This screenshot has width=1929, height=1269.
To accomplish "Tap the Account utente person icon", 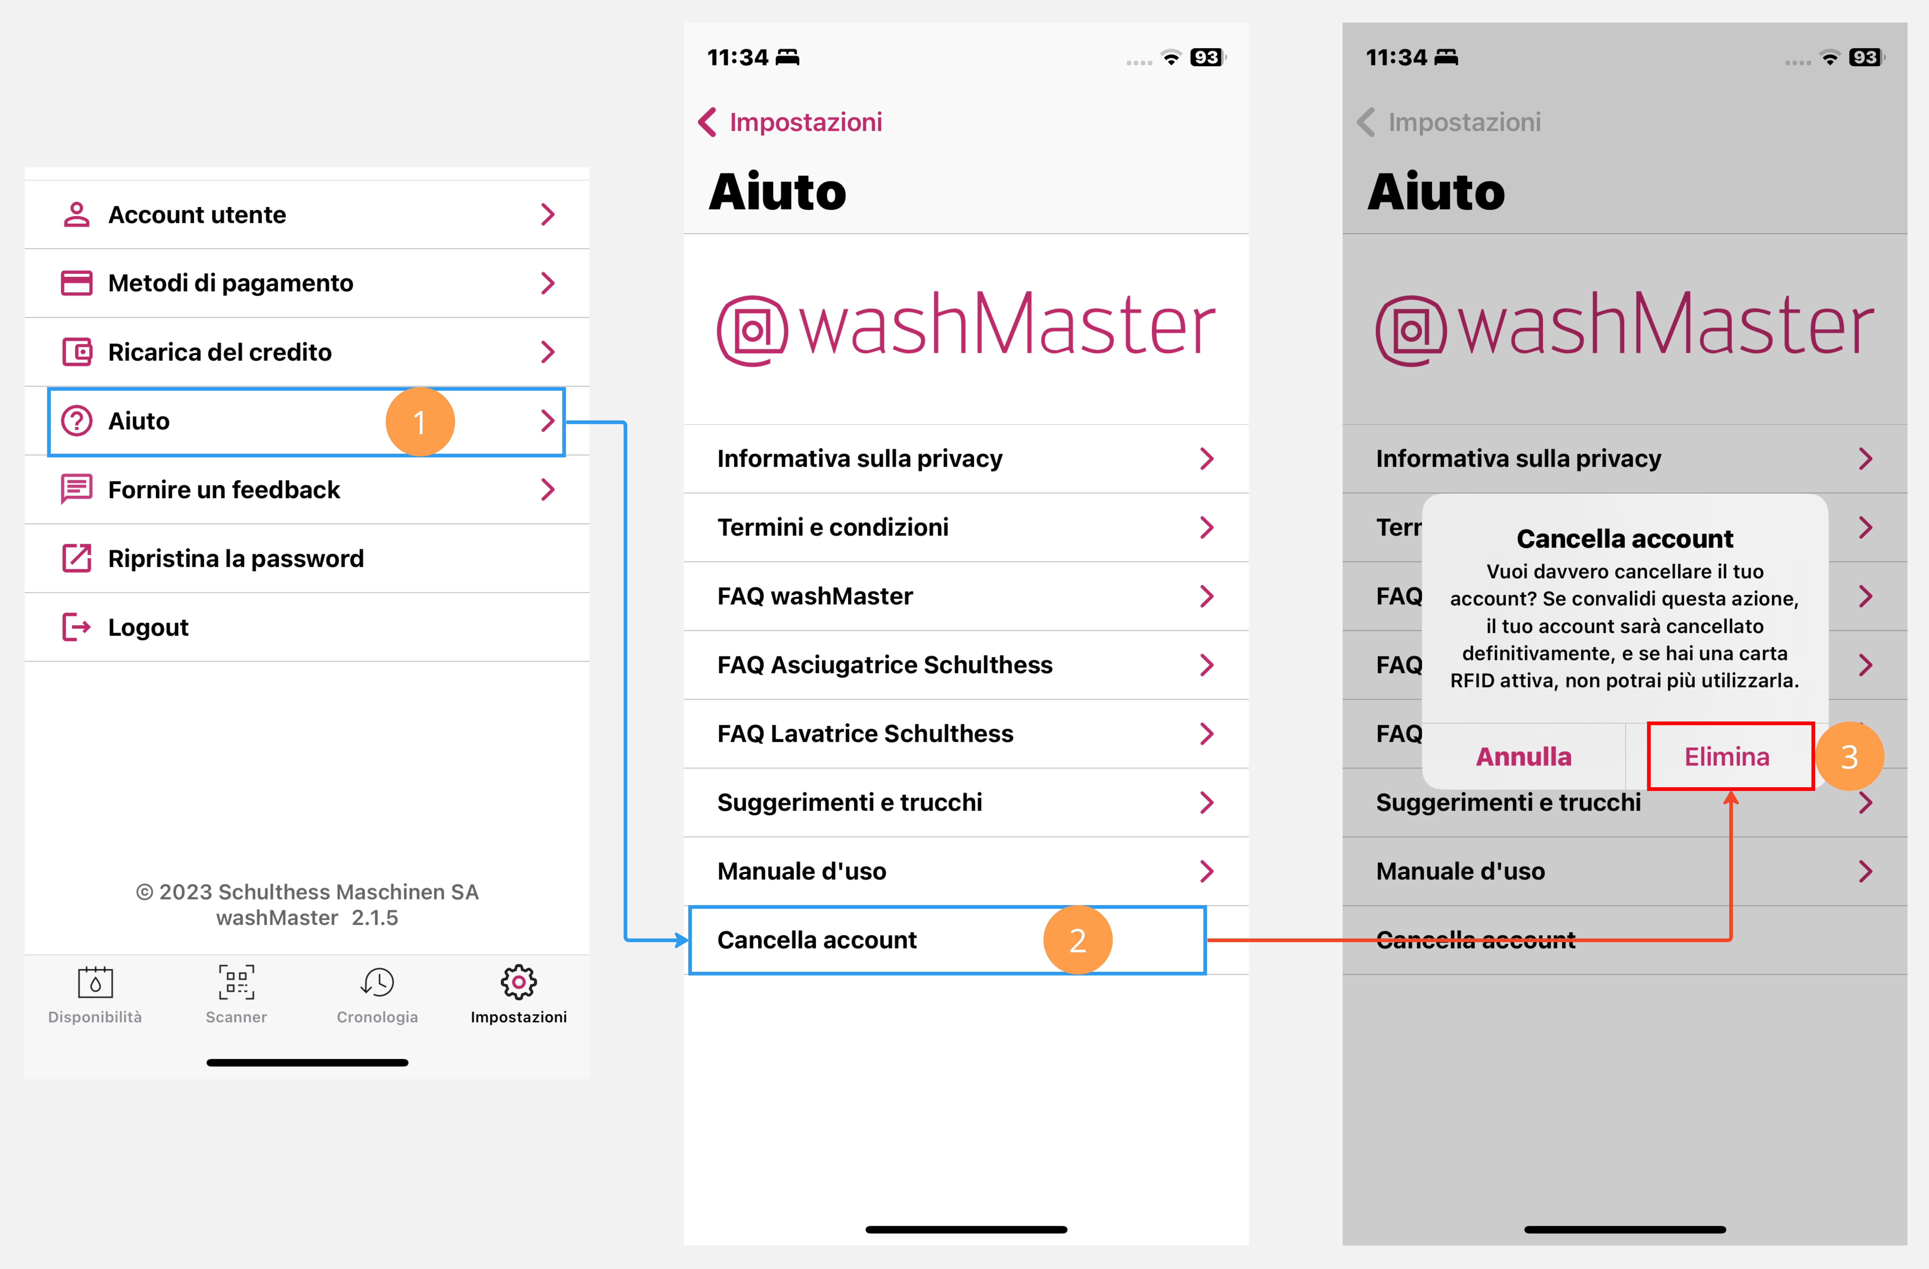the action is [x=77, y=215].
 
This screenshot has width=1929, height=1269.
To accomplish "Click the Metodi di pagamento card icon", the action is [x=77, y=283].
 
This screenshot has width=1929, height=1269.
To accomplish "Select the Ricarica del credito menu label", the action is [x=220, y=352].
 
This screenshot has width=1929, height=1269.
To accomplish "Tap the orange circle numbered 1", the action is [x=420, y=421].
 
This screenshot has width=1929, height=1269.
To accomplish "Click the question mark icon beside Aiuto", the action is [x=77, y=421].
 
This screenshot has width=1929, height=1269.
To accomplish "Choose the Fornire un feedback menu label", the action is [x=224, y=489].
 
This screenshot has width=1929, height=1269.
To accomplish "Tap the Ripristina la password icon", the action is [x=77, y=558].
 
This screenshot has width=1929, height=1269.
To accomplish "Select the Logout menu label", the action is [x=148, y=627].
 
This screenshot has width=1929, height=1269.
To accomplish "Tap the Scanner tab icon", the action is [x=236, y=982].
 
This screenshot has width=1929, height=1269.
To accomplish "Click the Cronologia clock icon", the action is [x=378, y=982].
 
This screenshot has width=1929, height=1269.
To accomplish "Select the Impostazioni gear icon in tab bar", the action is [x=519, y=982].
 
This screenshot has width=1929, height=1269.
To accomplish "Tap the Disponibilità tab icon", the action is [x=95, y=982].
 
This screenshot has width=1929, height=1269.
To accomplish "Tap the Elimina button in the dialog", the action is [x=1727, y=756].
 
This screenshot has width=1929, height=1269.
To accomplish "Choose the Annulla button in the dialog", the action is [x=1524, y=756].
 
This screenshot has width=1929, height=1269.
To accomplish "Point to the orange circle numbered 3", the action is [x=1850, y=756].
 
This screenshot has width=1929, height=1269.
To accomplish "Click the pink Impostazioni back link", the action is [x=790, y=122].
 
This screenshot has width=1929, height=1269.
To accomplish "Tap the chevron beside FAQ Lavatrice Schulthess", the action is [x=1207, y=733].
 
